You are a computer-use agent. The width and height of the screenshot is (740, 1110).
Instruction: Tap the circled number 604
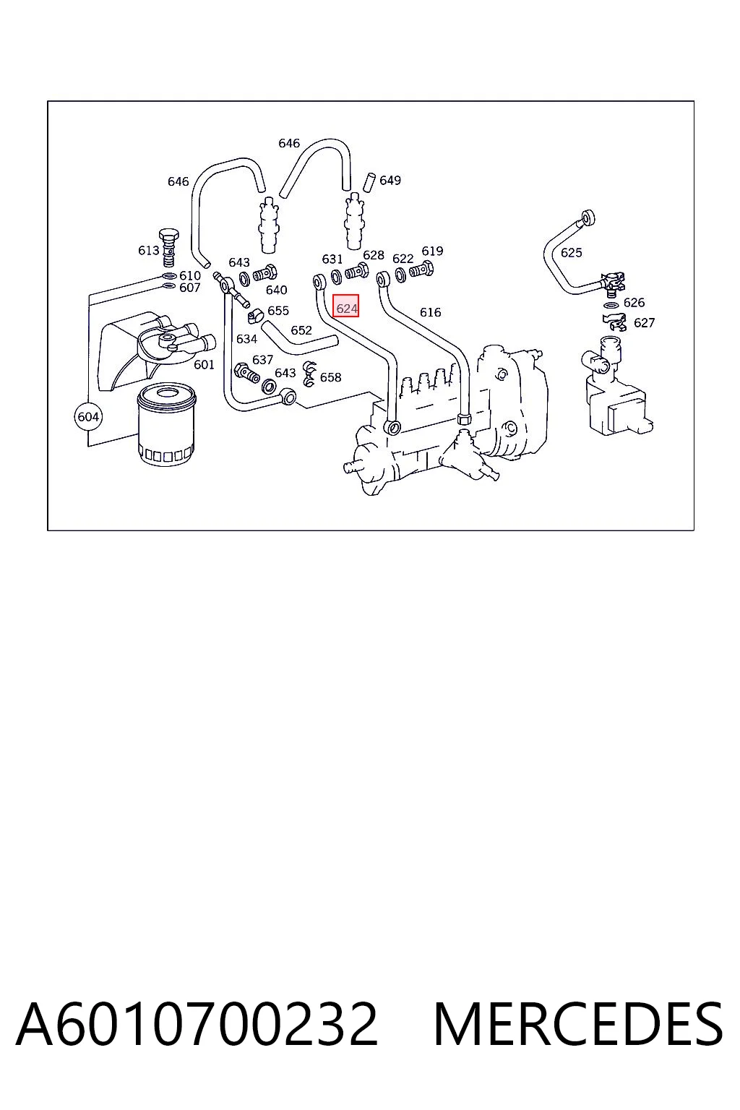pyautogui.click(x=88, y=416)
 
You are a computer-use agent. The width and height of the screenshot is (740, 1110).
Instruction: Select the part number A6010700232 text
pyautogui.click(x=197, y=1024)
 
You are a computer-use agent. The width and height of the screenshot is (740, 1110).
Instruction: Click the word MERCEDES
pyautogui.click(x=578, y=1024)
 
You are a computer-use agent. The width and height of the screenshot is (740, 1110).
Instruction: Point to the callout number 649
pyautogui.click(x=390, y=181)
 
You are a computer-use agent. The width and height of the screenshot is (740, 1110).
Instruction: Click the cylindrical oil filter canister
pyautogui.click(x=166, y=425)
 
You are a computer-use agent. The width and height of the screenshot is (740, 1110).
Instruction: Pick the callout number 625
pyautogui.click(x=571, y=253)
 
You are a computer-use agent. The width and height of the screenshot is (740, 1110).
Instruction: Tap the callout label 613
pyautogui.click(x=149, y=251)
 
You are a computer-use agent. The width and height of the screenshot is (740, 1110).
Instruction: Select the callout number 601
pyautogui.click(x=204, y=365)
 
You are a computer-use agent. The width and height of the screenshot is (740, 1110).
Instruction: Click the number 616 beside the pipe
pyautogui.click(x=430, y=312)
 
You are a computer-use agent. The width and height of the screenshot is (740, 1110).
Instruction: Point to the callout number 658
pyautogui.click(x=330, y=378)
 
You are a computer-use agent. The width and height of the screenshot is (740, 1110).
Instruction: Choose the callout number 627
pyautogui.click(x=645, y=322)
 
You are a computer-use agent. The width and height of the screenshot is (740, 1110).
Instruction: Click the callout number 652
pyautogui.click(x=301, y=330)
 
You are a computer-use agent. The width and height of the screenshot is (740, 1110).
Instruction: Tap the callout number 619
pyautogui.click(x=432, y=251)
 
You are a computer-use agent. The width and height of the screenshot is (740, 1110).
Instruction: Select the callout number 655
pyautogui.click(x=278, y=311)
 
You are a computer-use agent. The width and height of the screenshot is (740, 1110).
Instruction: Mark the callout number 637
pyautogui.click(x=263, y=360)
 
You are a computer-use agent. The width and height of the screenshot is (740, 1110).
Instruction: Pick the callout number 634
pyautogui.click(x=247, y=339)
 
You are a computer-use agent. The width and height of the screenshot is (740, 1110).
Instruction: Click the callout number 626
pyautogui.click(x=634, y=302)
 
